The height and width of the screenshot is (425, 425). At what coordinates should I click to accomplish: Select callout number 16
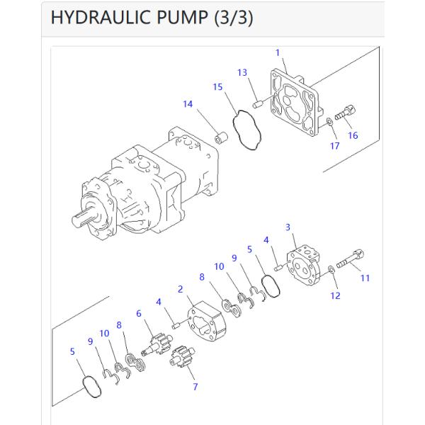[353, 136]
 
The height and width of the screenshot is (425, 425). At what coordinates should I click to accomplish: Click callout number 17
[334, 146]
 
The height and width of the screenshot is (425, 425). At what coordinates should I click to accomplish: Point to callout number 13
[242, 73]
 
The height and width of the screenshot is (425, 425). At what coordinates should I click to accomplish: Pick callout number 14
[188, 104]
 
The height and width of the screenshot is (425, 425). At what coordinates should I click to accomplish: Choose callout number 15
[219, 86]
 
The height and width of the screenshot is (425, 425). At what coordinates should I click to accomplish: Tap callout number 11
[365, 278]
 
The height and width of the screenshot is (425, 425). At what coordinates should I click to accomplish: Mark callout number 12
[336, 295]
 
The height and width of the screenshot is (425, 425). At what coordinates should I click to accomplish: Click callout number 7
[195, 387]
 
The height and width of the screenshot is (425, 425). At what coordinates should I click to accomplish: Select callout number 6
[139, 313]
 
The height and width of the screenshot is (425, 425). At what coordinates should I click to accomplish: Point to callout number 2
[181, 289]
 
